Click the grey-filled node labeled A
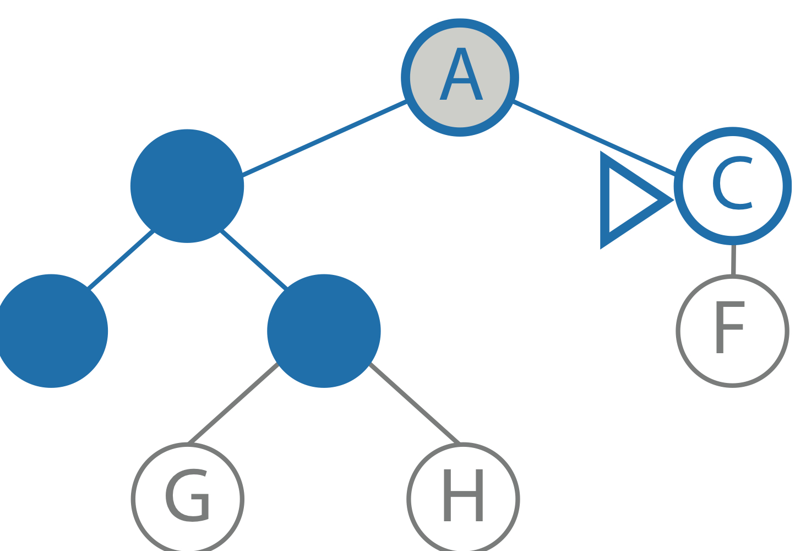click(x=460, y=78)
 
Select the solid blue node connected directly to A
click(x=187, y=186)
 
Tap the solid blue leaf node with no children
click(x=51, y=331)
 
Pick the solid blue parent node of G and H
click(x=324, y=331)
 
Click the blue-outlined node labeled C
click(x=733, y=186)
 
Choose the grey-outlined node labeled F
click(x=733, y=331)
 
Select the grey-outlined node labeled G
click(x=188, y=499)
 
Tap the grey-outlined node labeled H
click(x=463, y=499)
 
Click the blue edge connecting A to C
click(x=595, y=138)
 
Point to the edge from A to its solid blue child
click(x=325, y=138)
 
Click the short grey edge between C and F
click(x=733, y=260)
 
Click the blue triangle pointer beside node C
click(x=628, y=200)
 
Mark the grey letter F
click(x=728, y=327)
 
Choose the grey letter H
click(x=463, y=495)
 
